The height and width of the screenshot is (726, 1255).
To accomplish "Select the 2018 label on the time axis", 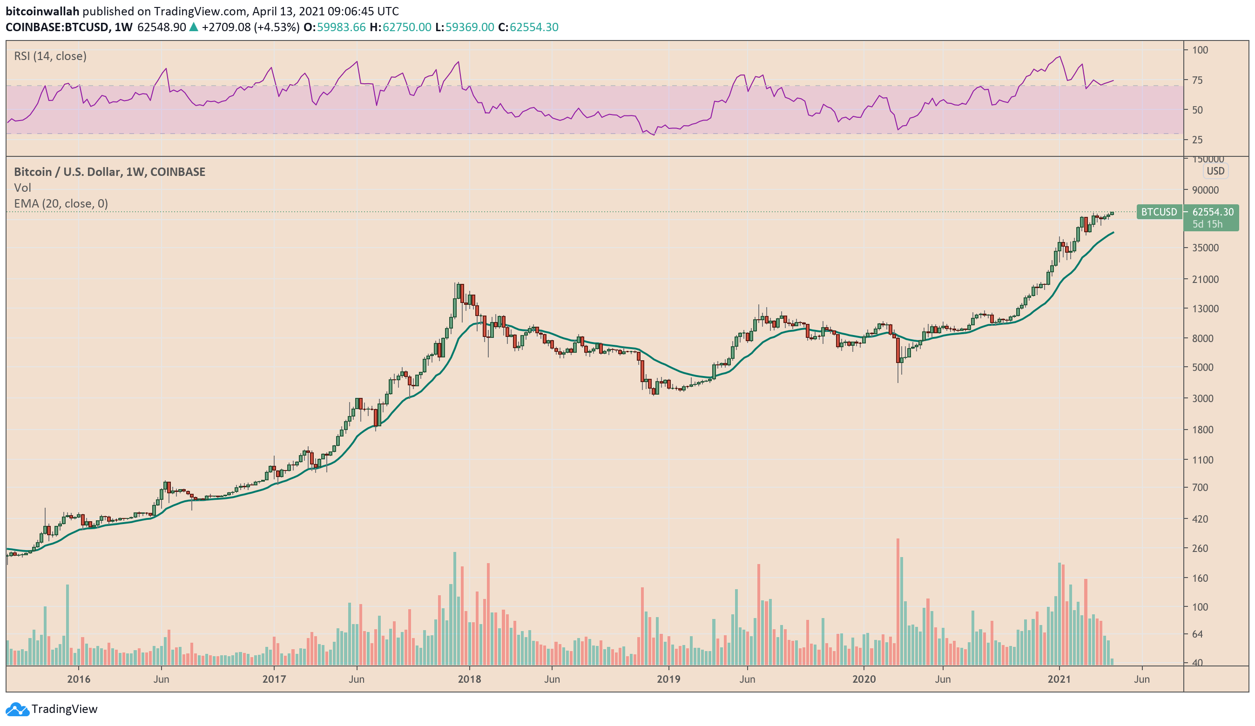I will tap(469, 679).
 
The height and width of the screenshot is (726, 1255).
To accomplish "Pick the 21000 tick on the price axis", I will tap(1205, 279).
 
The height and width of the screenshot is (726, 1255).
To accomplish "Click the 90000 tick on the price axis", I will tap(1205, 190).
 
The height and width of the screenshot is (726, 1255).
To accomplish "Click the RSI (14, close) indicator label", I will tap(50, 56).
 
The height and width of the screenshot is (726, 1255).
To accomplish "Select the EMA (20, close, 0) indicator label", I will tap(61, 204).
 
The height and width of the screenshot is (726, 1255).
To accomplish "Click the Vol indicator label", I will tap(22, 188).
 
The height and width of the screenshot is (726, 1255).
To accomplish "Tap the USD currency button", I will tap(1215, 171).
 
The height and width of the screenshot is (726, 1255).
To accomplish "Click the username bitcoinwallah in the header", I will tap(42, 12).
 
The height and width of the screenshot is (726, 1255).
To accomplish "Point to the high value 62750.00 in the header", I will tap(406, 27).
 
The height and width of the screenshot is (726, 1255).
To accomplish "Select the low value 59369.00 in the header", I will tap(469, 27).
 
